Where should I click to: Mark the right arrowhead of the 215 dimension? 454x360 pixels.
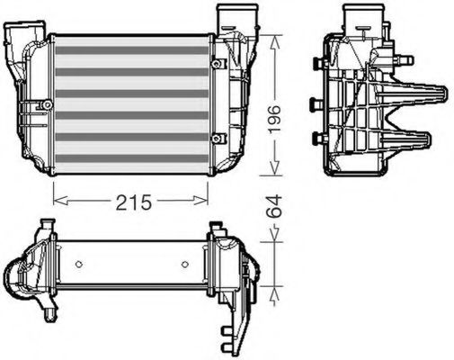click(206, 195)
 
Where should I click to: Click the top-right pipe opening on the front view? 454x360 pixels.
click(230, 13)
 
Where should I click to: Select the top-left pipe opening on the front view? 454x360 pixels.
click(19, 31)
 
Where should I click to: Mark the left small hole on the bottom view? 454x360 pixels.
click(80, 264)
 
